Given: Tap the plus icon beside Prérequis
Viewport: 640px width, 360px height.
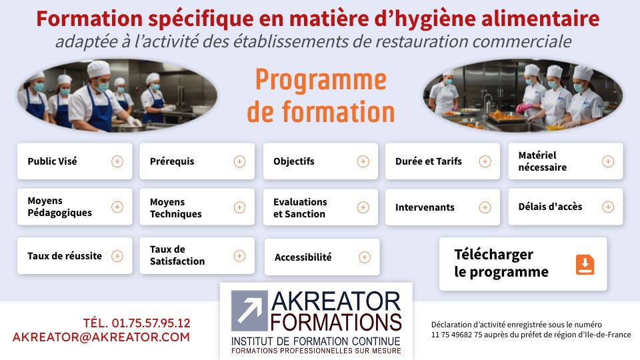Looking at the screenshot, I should (x=239, y=161).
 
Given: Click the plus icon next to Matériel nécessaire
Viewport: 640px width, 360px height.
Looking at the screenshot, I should (x=608, y=161).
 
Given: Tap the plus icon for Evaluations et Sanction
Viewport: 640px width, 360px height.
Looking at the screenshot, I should (x=363, y=207).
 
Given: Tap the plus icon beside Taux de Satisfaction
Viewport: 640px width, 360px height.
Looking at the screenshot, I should (x=239, y=256).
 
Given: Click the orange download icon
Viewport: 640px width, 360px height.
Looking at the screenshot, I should (x=585, y=265).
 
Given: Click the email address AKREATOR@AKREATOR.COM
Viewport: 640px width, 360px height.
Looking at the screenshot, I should (x=101, y=337).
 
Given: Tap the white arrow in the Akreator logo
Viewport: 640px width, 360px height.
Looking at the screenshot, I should (x=249, y=310).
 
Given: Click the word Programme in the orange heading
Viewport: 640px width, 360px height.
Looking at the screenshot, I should (x=321, y=81).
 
